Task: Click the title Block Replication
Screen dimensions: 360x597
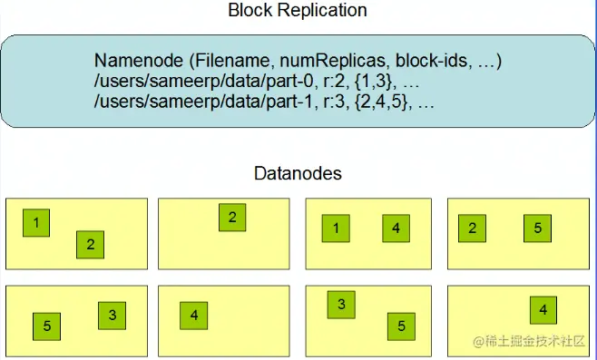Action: point(298,12)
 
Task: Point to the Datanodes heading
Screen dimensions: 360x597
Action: point(298,172)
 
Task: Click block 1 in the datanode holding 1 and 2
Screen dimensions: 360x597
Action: point(35,222)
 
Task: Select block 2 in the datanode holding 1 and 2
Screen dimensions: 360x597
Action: point(90,244)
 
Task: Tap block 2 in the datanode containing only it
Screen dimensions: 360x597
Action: point(232,217)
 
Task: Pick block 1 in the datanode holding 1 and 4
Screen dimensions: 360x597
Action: point(336,229)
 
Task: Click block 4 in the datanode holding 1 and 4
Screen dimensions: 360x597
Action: point(396,229)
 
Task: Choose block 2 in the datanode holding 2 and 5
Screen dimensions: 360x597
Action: point(472,229)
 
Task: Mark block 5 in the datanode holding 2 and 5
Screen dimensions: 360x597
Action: point(537,229)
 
